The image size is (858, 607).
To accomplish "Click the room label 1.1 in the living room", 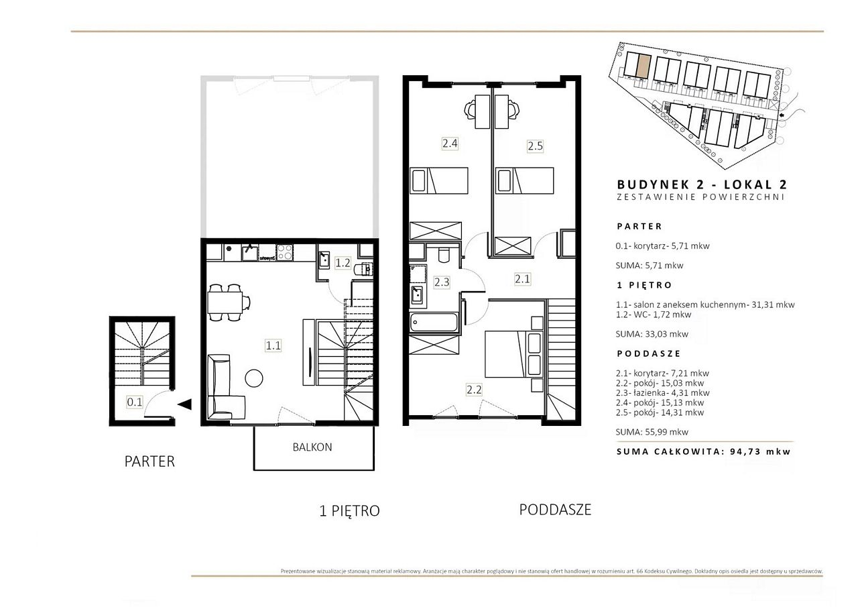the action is point(273,345).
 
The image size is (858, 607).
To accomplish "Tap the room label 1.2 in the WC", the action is point(343,263).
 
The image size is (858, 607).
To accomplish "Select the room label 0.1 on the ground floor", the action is point(135,402).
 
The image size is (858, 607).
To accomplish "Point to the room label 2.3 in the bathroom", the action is point(442,282).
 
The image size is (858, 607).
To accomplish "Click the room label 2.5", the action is point(535,146).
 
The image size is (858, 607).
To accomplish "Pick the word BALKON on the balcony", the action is point(312,447).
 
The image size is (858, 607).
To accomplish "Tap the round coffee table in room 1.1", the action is point(253,378).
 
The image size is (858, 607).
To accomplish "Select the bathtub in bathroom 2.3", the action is point(434,323).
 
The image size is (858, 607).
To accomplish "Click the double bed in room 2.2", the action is point(513,354).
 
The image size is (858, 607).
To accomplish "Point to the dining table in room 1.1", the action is point(225,302).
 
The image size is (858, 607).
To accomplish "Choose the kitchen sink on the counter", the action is point(250,253).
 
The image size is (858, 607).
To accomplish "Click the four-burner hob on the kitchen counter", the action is point(285,253).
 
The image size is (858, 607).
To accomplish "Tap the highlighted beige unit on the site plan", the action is point(644,66).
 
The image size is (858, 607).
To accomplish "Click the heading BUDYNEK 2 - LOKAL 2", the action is point(702,184).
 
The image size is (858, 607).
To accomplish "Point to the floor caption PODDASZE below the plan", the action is point(555,510).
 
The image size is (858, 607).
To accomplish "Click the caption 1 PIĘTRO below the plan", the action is point(349,511).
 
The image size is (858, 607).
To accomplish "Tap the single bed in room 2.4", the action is point(439,180).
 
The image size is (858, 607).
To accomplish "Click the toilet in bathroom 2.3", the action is point(444,254).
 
